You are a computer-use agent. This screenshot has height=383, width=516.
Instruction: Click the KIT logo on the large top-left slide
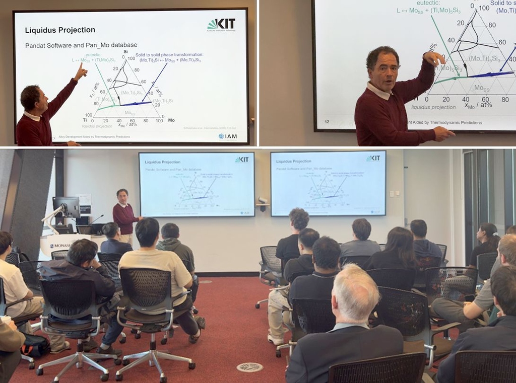(x=221, y=25)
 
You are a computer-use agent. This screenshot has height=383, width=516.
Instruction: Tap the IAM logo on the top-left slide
(x=228, y=136)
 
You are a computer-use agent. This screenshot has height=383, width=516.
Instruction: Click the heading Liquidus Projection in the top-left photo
(x=60, y=30)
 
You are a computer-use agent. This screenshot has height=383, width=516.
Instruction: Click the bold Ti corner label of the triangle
(x=84, y=120)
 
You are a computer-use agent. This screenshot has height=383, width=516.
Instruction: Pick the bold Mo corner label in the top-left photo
(x=171, y=120)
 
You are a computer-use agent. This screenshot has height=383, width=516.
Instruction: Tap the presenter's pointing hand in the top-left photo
(x=80, y=71)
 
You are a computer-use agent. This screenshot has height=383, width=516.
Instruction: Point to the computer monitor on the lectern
(x=67, y=206)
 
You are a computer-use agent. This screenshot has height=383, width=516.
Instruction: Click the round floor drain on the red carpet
(x=249, y=367)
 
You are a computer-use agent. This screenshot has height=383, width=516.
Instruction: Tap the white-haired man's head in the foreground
(x=356, y=292)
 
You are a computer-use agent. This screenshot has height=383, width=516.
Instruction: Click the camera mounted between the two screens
(x=262, y=200)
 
